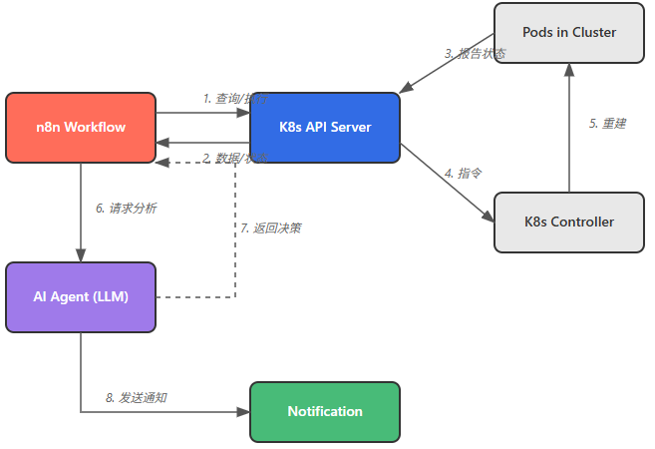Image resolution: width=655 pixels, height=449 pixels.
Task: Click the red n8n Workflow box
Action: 81,127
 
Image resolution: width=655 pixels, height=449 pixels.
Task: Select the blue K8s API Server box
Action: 325,127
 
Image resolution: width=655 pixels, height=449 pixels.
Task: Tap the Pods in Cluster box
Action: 569,32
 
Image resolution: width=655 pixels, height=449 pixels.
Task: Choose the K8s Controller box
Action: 569,222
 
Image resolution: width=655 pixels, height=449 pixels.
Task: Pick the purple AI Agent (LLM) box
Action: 81,296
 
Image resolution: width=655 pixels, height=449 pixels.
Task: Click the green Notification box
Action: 325,411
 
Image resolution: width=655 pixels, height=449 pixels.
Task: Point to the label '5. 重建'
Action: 607,124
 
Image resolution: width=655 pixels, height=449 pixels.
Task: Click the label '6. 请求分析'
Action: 126,209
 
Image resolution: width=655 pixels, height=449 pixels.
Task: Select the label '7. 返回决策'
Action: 270,227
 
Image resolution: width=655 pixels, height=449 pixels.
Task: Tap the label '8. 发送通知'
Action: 137,397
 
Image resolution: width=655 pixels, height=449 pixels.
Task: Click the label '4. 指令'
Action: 463,173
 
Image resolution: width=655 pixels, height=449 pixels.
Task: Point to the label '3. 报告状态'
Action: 475,53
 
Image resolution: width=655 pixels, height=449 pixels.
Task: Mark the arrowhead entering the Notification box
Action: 243,411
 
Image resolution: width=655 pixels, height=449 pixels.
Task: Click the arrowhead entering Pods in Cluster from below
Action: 569,69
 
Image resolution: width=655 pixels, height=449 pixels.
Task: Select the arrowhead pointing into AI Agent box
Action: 81,255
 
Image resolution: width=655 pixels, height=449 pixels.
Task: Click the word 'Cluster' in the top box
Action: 594,32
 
